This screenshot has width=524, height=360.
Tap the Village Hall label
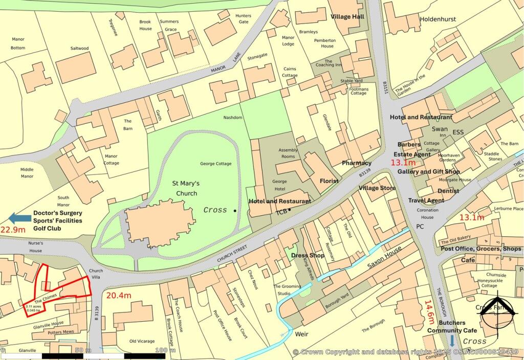coord(347,17)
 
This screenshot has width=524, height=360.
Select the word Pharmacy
coord(357,163)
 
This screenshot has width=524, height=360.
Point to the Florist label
coord(330,181)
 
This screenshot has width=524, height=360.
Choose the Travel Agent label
coord(426,200)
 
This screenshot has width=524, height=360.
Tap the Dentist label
coord(448,191)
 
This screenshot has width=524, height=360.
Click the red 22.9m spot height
coord(13,230)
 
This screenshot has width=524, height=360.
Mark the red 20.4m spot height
coord(119,295)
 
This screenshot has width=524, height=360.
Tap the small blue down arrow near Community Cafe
coord(452,341)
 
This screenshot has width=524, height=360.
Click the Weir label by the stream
coord(301,333)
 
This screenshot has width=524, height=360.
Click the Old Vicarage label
coord(140,341)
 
